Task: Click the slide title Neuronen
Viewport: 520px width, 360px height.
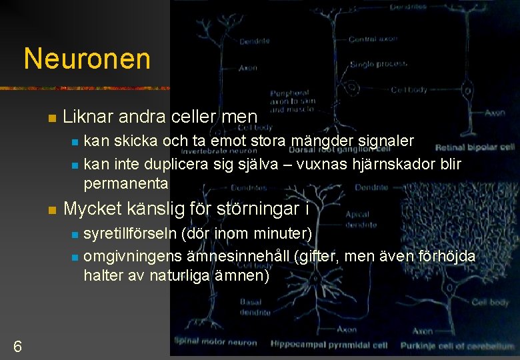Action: pos(87,59)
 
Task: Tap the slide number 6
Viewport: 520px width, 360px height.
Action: pos(17,346)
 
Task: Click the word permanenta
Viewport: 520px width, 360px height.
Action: pos(126,183)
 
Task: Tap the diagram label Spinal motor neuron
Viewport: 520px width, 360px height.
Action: pos(215,343)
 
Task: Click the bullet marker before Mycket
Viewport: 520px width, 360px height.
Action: pos(51,210)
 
